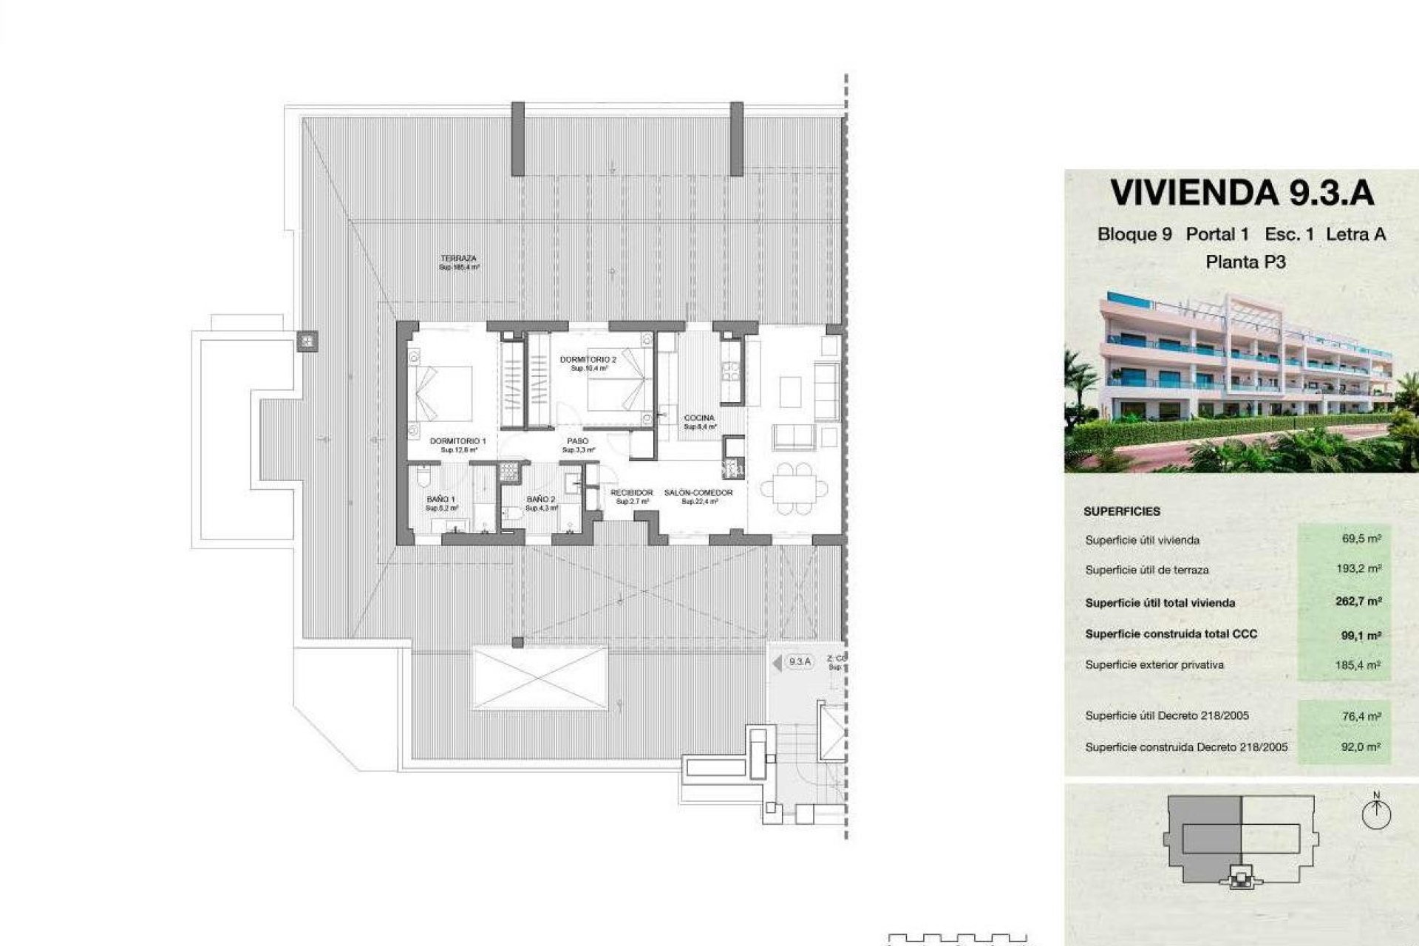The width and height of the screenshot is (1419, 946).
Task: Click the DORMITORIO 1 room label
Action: (457, 440)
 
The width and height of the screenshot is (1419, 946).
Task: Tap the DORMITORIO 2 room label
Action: (588, 359)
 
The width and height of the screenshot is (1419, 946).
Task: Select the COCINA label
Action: (699, 418)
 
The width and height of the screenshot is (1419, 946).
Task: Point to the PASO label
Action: (578, 441)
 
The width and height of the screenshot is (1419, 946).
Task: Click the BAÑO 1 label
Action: (442, 500)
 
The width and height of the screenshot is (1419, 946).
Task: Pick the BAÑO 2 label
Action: (541, 500)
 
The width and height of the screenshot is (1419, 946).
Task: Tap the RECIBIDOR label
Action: (632, 493)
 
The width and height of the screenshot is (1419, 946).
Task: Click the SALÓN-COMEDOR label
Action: (698, 493)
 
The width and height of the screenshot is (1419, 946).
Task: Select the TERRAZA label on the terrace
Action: (459, 259)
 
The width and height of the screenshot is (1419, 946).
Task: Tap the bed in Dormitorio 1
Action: (441, 394)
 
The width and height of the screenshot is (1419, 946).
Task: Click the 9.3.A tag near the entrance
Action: (800, 661)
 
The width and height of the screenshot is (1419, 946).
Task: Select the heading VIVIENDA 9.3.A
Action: (1242, 193)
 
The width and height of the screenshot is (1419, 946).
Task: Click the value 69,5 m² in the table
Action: (1361, 539)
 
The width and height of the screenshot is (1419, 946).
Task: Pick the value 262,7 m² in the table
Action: (1358, 602)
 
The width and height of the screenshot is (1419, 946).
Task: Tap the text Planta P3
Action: (1245, 262)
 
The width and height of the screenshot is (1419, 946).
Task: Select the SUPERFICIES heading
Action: (1122, 511)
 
